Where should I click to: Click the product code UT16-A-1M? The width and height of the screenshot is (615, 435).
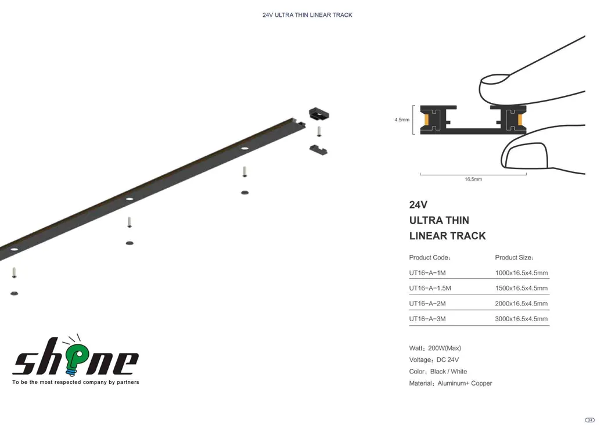point(427,273)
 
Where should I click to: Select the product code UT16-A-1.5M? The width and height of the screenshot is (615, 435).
point(430,288)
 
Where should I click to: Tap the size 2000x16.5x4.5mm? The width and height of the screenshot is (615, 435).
point(522,304)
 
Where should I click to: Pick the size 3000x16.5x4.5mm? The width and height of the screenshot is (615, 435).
point(522,319)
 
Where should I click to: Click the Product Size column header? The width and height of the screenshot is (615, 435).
point(514,258)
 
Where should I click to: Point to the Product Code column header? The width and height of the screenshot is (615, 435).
point(430,258)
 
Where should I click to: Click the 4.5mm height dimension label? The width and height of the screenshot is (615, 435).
point(402,120)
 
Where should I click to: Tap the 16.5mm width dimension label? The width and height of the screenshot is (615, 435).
point(473,179)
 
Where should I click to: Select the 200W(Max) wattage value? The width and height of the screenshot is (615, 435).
point(444,348)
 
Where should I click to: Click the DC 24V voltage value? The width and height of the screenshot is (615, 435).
point(448,360)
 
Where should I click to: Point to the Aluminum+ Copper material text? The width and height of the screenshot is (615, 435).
point(465,384)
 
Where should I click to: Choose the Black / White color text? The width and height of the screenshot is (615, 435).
point(449,372)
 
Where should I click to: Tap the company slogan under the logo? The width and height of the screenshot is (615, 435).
point(75,382)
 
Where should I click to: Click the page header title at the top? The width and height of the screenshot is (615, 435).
point(308,15)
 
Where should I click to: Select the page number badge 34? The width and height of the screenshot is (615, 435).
point(589,420)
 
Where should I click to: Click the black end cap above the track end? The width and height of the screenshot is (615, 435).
point(319,114)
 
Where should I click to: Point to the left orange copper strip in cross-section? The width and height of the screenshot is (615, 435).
point(426,120)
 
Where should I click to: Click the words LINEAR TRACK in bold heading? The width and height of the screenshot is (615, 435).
point(448,236)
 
